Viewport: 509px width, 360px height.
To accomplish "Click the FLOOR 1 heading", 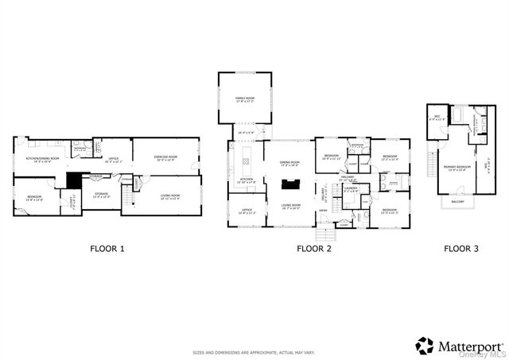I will click(107, 249).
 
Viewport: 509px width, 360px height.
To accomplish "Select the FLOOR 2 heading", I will click(313, 249).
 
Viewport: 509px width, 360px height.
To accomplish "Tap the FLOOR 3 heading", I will click(460, 249).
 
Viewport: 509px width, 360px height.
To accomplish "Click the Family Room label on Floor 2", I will click(243, 99).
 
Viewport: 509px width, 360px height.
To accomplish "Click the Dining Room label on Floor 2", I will click(289, 163).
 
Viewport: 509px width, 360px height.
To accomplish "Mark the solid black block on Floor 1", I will click(73, 180).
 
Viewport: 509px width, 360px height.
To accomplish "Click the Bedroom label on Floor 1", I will click(34, 197).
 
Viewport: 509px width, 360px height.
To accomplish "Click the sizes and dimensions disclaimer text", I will click(254, 351).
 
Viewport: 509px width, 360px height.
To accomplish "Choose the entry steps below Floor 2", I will click(324, 234).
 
